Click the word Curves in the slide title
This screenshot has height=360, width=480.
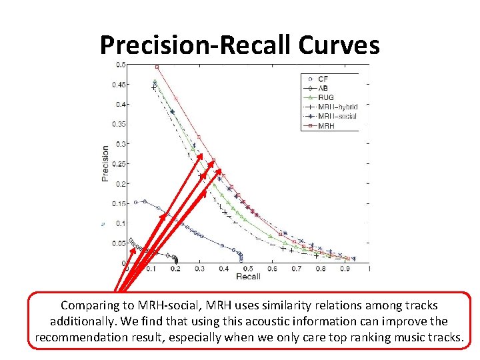(339, 45)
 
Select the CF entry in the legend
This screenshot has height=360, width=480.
(323, 79)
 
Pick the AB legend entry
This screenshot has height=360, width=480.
(323, 88)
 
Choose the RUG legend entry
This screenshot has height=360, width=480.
(327, 97)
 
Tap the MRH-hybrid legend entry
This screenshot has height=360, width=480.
(337, 107)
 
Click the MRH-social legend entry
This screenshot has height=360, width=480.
(337, 116)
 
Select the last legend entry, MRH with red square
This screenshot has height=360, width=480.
(326, 125)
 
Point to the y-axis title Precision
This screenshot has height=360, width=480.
(105, 163)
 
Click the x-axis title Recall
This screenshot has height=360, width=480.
(248, 276)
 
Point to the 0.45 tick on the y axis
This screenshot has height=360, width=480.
(119, 85)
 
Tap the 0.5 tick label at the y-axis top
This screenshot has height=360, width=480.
(121, 65)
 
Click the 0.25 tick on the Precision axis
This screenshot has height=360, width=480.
(119, 164)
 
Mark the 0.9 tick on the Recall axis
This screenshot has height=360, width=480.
(345, 269)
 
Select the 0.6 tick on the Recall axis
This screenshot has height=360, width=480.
(272, 269)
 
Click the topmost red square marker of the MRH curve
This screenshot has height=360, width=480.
(156, 67)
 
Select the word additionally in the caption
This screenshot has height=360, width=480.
(83, 321)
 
